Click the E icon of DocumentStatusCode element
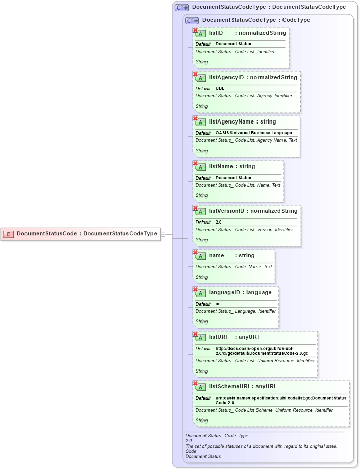pos(8,234)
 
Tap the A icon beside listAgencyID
pos(201,78)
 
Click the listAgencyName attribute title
pos(242,122)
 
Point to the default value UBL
pos(220,88)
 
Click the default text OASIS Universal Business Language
pos(253,133)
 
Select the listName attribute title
pos(232,166)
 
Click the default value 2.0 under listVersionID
pos(218,222)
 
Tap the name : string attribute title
pos(232,255)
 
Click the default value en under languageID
pos(218,304)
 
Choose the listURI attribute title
pos(234,337)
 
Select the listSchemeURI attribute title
pos(242,386)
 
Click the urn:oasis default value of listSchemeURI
pos(280,400)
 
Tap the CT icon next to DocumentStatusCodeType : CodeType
pos(192,21)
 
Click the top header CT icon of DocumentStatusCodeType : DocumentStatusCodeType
pos(182,8)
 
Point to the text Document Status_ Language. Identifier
pos(236,311)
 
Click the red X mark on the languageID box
pos(195,290)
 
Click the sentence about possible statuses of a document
pos(261,446)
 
